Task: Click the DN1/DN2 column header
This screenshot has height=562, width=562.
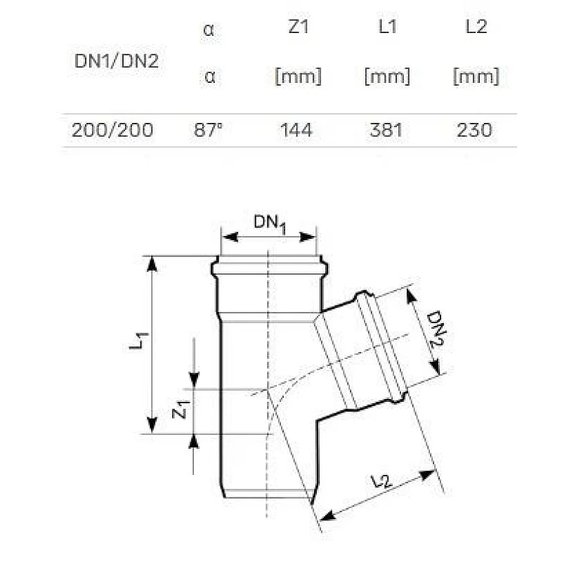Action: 117,61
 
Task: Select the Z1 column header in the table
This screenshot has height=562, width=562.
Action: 297,27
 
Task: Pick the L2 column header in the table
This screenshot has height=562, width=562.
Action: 476,27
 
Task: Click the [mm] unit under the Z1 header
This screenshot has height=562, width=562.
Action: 297,77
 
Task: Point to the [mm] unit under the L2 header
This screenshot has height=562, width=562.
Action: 476,77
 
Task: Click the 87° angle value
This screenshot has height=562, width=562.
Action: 209,130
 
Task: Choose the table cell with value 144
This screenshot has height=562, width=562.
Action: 297,130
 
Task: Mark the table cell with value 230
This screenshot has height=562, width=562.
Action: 476,130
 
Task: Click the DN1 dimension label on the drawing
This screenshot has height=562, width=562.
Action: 271,224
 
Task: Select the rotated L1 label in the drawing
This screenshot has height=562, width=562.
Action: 142,342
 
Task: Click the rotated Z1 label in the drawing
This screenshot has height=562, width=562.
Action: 181,410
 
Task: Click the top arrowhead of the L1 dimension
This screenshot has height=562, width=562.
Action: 151,262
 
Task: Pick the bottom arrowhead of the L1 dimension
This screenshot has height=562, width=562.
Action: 151,427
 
